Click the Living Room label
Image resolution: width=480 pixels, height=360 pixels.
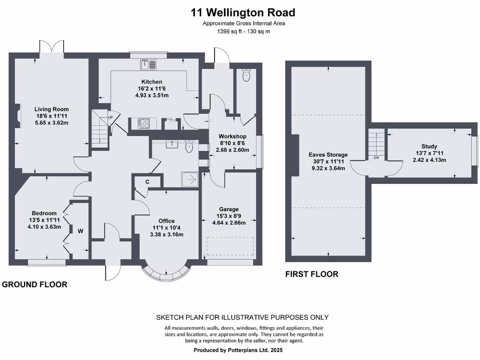pyautogui.click(x=52, y=109)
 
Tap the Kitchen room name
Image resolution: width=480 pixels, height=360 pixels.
pyautogui.click(x=152, y=82)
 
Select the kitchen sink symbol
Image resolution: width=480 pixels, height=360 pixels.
pyautogui.click(x=149, y=64)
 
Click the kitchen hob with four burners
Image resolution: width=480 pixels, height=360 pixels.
pyautogui.click(x=144, y=123)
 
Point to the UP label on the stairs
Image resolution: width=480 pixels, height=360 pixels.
pyautogui.click(x=110, y=117)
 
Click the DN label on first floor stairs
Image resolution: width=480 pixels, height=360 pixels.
pyautogui.click(x=376, y=157)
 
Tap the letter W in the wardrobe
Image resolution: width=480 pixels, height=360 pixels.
pyautogui.click(x=80, y=232)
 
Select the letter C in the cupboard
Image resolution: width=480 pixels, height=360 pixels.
pyautogui.click(x=147, y=182)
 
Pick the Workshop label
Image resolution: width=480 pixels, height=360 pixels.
pyautogui.click(x=232, y=136)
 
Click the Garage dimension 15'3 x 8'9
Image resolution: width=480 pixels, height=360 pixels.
pyautogui.click(x=229, y=216)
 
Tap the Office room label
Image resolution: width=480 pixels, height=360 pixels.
pyautogui.click(x=166, y=221)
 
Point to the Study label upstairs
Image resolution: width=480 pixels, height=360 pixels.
pyautogui.click(x=429, y=146)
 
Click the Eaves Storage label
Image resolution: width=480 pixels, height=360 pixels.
pyautogui.click(x=328, y=155)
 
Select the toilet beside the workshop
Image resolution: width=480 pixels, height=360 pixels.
pyautogui.click(x=246, y=75)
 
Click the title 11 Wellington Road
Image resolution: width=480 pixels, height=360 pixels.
pyautogui.click(x=243, y=13)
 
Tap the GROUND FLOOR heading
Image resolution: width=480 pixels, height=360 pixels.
pyautogui.click(x=35, y=285)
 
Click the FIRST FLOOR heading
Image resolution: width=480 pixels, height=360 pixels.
pyautogui.click(x=312, y=274)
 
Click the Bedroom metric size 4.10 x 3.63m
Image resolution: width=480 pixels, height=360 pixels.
pyautogui.click(x=45, y=227)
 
